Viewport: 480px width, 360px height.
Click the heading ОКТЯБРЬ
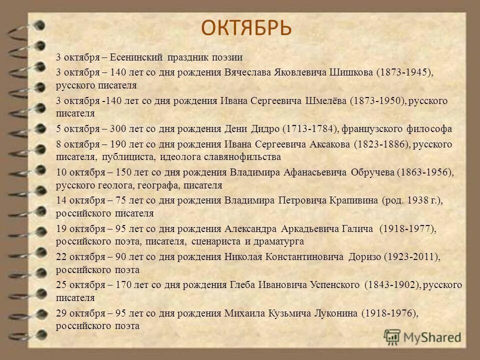tap(246, 27)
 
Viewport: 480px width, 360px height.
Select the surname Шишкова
tap(351, 72)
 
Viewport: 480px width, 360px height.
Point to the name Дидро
tap(265, 129)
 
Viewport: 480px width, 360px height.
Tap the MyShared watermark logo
tap(423, 337)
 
